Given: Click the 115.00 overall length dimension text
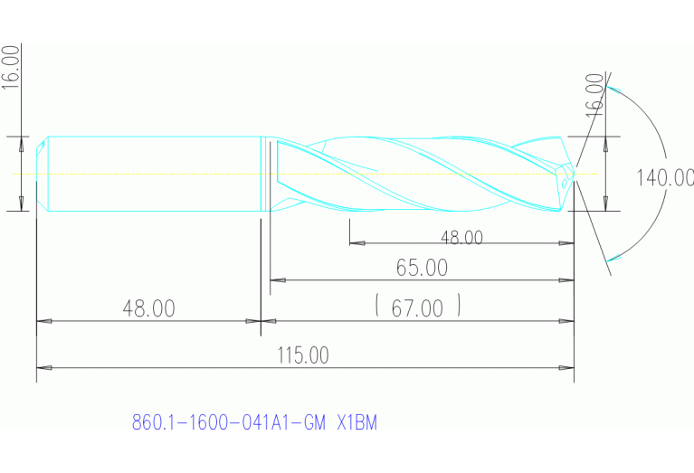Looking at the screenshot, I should point(304,355).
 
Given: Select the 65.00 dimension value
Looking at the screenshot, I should point(422,269).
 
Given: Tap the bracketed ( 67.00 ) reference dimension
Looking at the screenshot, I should point(417,308).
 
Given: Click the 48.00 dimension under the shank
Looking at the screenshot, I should point(148,308).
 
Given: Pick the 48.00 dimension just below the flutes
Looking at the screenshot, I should point(461,238).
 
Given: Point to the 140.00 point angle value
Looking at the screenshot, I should point(664,177).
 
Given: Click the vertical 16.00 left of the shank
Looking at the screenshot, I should point(11,65).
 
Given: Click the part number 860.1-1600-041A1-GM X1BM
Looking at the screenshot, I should point(254,422).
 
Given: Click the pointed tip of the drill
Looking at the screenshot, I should point(575,174).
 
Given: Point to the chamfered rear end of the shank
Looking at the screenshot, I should point(41,174).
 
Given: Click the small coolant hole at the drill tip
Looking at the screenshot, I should point(565,181).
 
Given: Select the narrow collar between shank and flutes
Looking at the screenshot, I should point(266,174).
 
